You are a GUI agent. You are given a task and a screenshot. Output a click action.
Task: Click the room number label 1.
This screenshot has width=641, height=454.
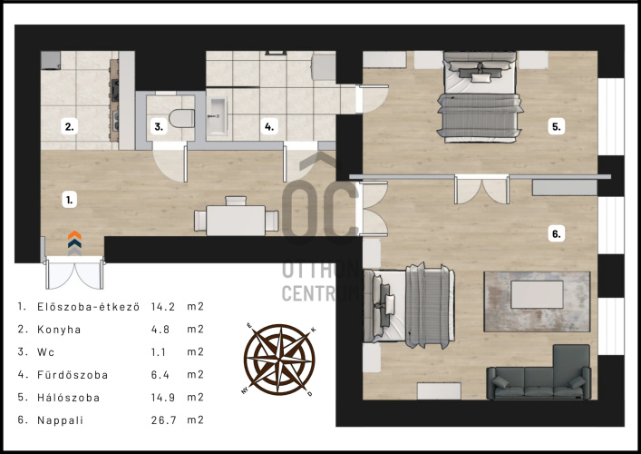pos(70,200)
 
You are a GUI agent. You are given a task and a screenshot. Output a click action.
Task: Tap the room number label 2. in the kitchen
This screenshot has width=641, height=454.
pos(70,127)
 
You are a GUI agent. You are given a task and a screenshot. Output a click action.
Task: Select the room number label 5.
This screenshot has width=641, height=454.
pos(557,127)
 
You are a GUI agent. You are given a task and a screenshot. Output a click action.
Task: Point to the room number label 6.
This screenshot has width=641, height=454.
pos(557,233)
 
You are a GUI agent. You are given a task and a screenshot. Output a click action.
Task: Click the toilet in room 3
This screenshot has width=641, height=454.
pos(181,118)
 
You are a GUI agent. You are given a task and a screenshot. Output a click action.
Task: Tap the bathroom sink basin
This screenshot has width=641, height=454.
pos(217,116)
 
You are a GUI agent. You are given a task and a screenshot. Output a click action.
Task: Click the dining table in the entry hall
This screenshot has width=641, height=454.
pos(236,221)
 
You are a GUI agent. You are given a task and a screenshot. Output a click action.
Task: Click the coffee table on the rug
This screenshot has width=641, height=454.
pos(537,294)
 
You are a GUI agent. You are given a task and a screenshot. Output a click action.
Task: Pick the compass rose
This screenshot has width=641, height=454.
pos(279,360)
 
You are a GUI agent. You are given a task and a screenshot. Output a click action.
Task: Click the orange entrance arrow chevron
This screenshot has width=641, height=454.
pos(74,235)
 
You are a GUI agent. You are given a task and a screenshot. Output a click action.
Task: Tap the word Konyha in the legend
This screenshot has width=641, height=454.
pos(59,330)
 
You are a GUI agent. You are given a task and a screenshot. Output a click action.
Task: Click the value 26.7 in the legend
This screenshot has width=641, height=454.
pos(163,420)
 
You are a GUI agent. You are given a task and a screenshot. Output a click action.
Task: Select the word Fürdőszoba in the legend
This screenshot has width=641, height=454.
pos(73,375)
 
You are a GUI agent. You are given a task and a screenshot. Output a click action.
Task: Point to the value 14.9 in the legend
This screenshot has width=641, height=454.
pos(163,398)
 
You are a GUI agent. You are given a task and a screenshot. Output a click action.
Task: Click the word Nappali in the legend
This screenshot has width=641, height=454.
pos(61,420)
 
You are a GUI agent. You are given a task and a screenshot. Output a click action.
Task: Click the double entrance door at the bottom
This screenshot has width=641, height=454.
pos(74,272)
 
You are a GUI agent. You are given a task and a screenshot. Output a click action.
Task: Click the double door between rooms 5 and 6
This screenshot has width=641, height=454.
pos(482,190)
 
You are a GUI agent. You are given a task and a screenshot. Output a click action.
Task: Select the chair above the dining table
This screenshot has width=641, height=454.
pos(236,201)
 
